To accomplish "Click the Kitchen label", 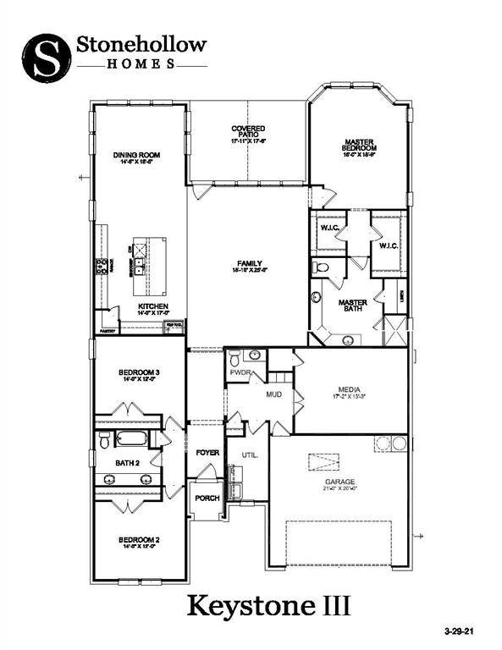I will coord(154,306).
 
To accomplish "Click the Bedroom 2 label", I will coord(137,539).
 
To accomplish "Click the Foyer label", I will coord(207,453).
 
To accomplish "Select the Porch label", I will coord(207,498).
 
